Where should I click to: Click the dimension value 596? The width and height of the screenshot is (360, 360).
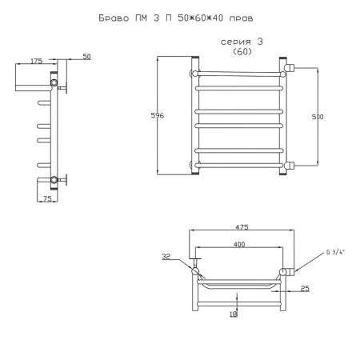click(158, 115)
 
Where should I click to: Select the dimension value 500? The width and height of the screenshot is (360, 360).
click(318, 117)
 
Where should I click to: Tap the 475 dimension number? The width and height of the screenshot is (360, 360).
click(242, 227)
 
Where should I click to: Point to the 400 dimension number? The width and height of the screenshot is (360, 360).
click(239, 244)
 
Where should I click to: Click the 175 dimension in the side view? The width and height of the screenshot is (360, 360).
click(36, 61)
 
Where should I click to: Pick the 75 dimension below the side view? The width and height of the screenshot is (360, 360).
click(47, 198)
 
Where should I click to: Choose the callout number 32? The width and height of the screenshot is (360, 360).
click(166, 257)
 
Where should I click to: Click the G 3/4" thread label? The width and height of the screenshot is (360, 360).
click(335, 252)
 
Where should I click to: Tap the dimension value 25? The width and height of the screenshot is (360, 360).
click(305, 288)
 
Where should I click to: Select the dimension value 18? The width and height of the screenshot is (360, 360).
click(234, 314)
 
